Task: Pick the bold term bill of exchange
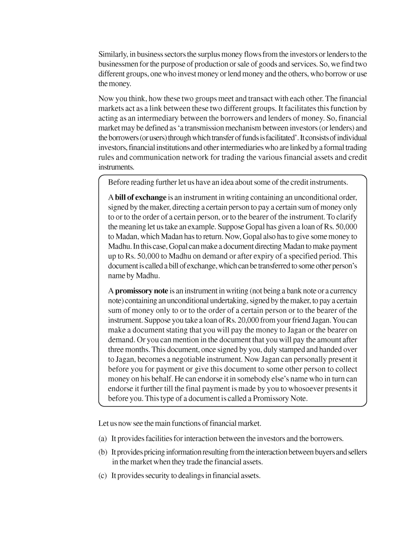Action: point(141,198)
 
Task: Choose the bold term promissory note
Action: point(142,291)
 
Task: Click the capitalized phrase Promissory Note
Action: point(280,399)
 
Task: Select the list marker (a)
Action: point(102,439)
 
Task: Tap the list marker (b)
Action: point(102,452)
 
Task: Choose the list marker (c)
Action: point(102,476)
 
